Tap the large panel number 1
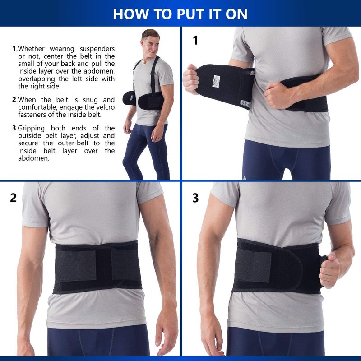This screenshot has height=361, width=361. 195,40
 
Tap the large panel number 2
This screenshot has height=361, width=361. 14,198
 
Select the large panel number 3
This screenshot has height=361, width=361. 195,198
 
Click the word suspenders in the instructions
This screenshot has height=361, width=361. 97,49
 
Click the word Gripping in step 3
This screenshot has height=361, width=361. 31,128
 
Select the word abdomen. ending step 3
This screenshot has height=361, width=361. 34,158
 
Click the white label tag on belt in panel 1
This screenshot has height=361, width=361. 216,81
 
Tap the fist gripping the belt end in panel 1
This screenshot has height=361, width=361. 190,79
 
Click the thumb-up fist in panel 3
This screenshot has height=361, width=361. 330,270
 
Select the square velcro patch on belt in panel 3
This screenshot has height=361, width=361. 253,267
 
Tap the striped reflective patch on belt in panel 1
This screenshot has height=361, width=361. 245,104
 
